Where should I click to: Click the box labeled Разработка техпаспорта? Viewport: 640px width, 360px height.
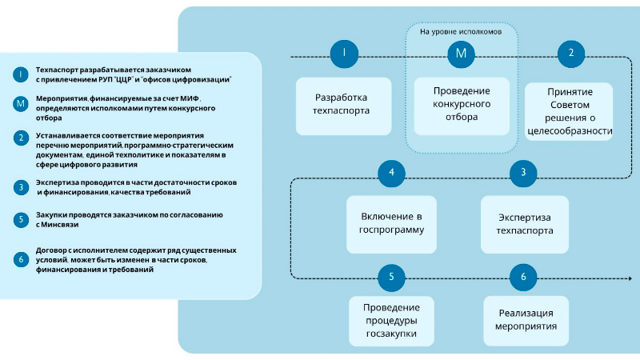pos(343,106)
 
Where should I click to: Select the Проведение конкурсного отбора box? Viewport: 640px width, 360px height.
pos(462,105)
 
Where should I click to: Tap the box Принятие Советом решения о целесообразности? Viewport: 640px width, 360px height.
pos(570,111)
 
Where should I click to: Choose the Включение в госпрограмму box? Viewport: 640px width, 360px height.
pos(391,223)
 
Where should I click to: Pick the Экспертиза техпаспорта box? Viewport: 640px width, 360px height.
pos(524,223)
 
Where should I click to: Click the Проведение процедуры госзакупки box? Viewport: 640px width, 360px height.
pos(391,321)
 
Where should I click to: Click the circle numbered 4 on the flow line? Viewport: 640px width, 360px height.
pos(391,172)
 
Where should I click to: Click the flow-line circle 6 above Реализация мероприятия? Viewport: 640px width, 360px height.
pos(523,277)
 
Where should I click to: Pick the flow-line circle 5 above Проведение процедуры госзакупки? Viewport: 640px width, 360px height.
pos(391,277)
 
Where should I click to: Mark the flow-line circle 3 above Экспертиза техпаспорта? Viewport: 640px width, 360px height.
pos(523,172)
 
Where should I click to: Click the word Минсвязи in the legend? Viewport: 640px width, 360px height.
pos(65,226)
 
